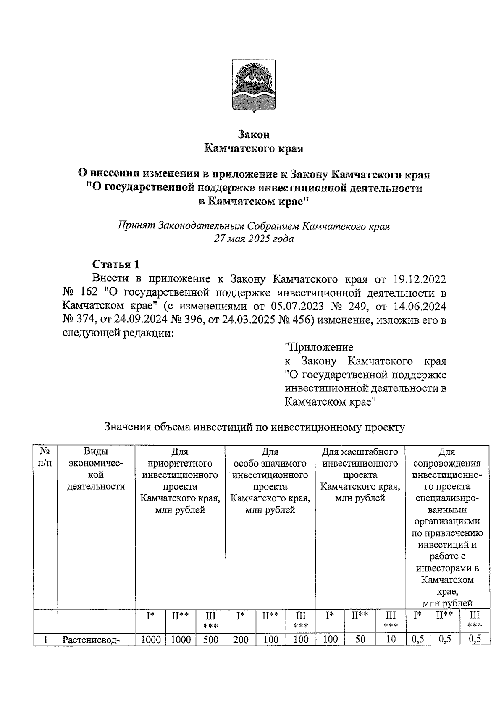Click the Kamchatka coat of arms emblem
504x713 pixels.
click(254, 87)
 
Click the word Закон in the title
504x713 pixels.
click(254, 134)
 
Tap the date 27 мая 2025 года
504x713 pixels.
click(254, 239)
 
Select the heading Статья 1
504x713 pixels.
click(115, 265)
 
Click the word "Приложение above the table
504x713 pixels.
click(319, 347)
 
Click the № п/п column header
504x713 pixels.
click(45, 458)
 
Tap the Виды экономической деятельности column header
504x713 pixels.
click(96, 469)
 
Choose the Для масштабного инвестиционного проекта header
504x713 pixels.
click(360, 475)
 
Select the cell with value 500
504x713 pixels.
click(210, 640)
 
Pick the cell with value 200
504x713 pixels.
click(241, 640)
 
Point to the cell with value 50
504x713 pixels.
click(360, 640)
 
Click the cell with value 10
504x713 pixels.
click(391, 640)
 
